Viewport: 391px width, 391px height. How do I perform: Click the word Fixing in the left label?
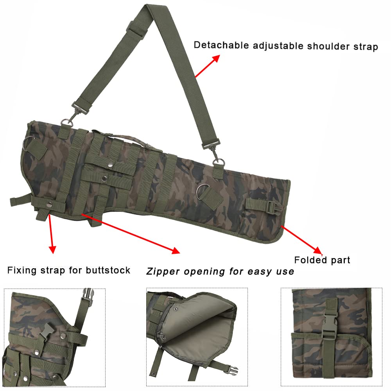pos(22,270)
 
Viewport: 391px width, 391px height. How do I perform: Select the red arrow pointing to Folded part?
pos(301,240)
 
